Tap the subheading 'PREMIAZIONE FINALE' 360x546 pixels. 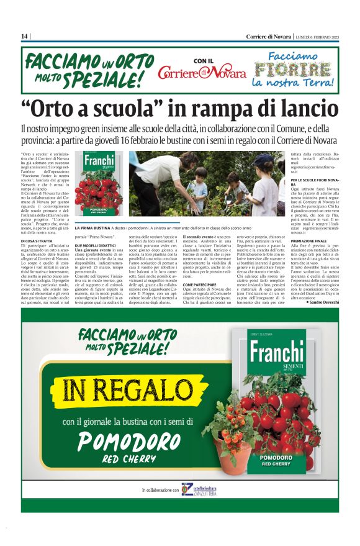[308, 240]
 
